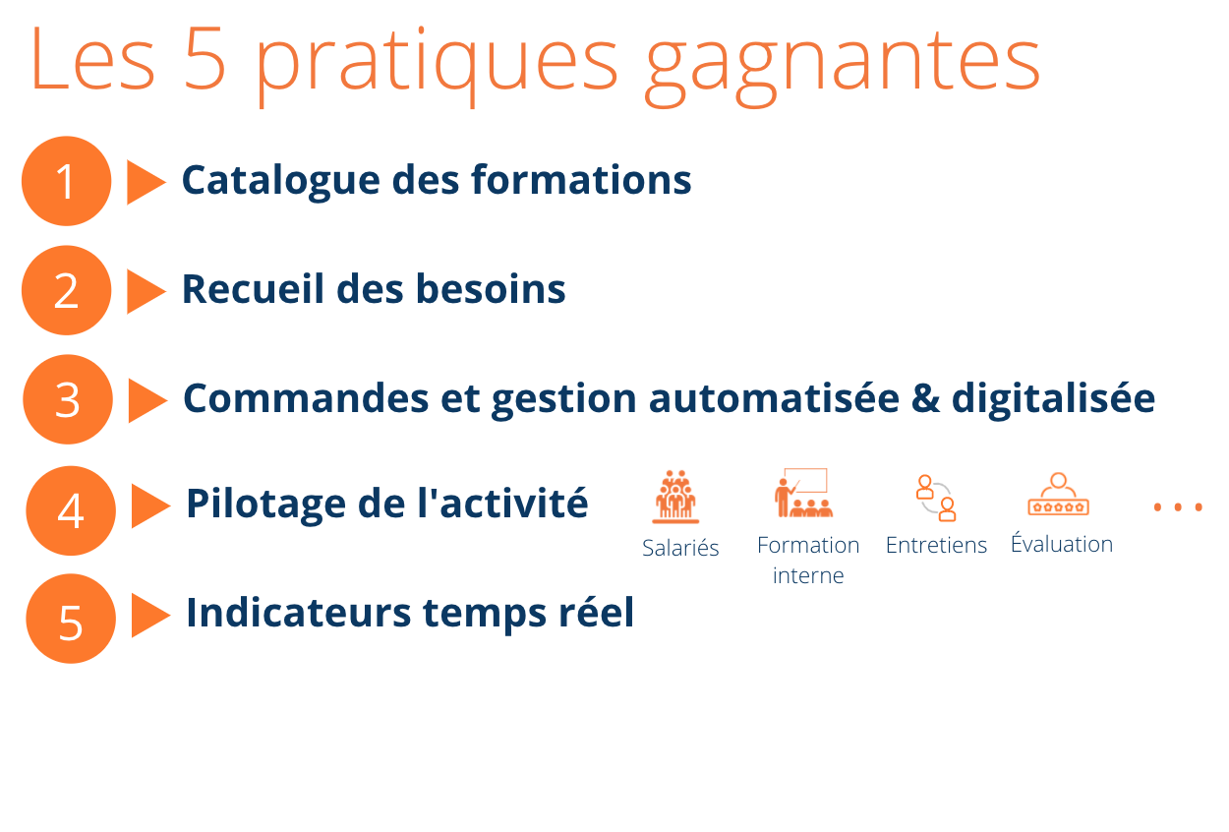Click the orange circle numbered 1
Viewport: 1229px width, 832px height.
(x=67, y=181)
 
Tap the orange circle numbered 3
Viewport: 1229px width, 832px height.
(x=68, y=399)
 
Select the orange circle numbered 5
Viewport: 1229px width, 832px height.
(x=71, y=619)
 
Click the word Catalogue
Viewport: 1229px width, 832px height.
(x=281, y=181)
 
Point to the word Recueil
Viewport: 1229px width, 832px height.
(x=253, y=289)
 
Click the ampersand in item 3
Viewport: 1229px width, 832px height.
(x=925, y=398)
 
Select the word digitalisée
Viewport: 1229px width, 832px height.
(x=1053, y=399)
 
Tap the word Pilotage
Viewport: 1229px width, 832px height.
(x=266, y=505)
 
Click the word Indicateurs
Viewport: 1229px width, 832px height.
(x=299, y=612)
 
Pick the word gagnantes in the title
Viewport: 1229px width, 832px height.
(x=843, y=66)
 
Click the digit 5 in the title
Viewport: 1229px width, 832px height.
(x=205, y=58)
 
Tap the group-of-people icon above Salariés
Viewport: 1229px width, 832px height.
(x=675, y=497)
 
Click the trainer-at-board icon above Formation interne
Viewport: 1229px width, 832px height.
(x=804, y=493)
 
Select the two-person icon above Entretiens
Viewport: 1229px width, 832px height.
(x=936, y=498)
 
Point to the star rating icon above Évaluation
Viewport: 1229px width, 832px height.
(x=1058, y=495)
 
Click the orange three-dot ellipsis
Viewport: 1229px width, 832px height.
(x=1178, y=507)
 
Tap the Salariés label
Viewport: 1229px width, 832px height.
(x=680, y=548)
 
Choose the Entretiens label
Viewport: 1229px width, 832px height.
(x=936, y=545)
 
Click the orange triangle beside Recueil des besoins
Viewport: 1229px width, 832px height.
(x=146, y=291)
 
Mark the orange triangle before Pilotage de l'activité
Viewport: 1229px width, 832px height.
(x=150, y=506)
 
